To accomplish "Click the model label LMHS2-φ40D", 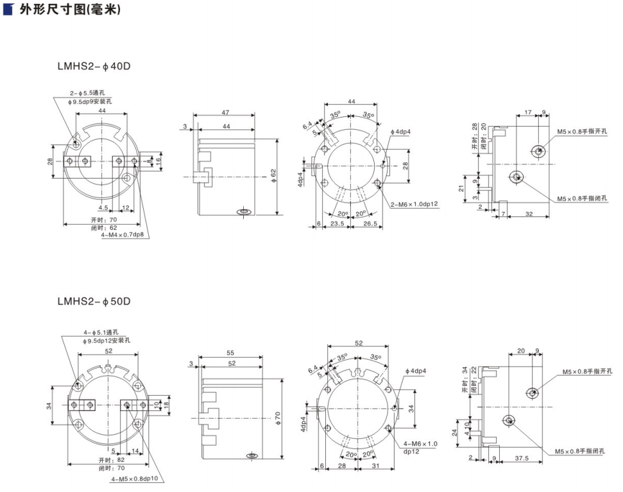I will tap(94, 66).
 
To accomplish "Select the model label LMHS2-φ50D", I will tap(94, 301).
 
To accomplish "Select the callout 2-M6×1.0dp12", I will tap(414, 204).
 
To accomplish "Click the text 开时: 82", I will tap(112, 461).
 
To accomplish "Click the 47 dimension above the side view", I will tap(226, 113).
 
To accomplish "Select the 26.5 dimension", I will tap(370, 224).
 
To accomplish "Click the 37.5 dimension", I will tap(522, 459).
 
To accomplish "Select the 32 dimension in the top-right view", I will tap(529, 214).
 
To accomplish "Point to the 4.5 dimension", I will tap(103, 208).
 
